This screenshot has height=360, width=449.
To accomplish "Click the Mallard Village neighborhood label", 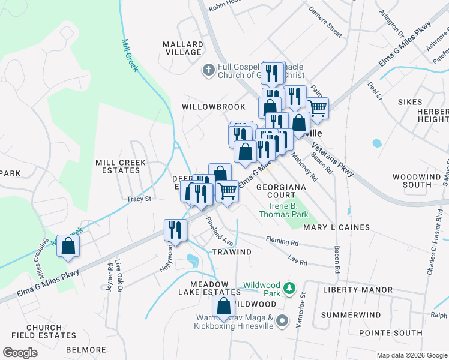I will pyautogui.click(x=183, y=48).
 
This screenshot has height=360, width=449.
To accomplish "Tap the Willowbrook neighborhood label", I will pyautogui.click(x=214, y=107).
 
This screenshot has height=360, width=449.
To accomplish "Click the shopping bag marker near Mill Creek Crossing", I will pyautogui.click(x=68, y=245).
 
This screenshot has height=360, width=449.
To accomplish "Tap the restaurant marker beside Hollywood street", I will pyautogui.click(x=175, y=231).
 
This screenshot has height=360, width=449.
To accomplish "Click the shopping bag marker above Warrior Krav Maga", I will pyautogui.click(x=223, y=307).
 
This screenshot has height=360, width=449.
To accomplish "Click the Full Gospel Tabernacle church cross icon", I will pyautogui.click(x=208, y=70).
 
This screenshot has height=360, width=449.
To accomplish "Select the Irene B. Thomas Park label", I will pyautogui.click(x=283, y=210).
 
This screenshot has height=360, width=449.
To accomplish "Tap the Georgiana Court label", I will pyautogui.click(x=281, y=191).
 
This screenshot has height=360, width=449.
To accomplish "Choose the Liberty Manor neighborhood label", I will pyautogui.click(x=358, y=290).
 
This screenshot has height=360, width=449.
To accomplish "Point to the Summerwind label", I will pyautogui.click(x=351, y=315).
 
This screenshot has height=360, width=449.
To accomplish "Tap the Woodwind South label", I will pyautogui.click(x=417, y=181).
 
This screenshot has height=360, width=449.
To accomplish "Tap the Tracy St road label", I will pyautogui.click(x=139, y=199).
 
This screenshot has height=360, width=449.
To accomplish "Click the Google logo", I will pyautogui.click(x=20, y=353).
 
